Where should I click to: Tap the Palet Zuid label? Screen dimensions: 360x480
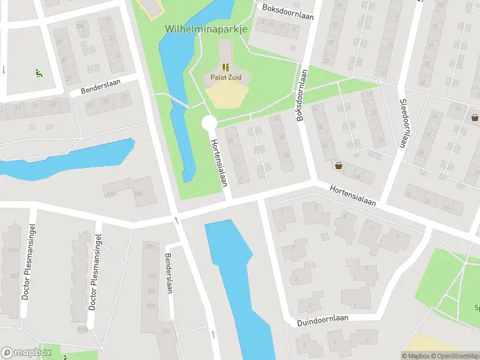(x=225, y=77)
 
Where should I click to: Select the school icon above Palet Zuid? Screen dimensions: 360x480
(x=225, y=67)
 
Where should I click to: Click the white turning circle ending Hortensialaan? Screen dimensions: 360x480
(x=209, y=123)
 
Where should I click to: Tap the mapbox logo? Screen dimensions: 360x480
(x=26, y=353)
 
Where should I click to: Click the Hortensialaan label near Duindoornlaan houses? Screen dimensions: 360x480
(x=352, y=195)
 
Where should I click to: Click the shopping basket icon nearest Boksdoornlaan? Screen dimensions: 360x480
(x=339, y=165)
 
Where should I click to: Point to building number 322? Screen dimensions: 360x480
(x=110, y=194)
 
